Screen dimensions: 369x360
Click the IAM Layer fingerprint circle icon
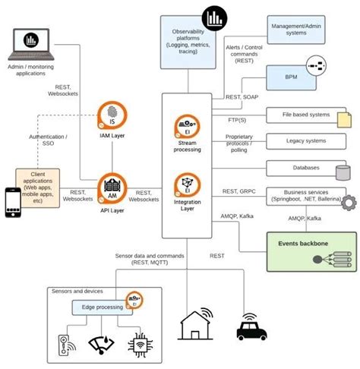[x=112, y=115]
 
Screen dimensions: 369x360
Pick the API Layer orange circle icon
[x=112, y=187]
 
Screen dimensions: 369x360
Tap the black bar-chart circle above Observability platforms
[x=215, y=15]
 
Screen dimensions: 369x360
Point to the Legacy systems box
[x=305, y=141]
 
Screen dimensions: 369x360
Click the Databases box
[x=304, y=167]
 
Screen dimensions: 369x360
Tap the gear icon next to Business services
[x=349, y=203]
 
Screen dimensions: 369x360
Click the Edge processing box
[x=99, y=307]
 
